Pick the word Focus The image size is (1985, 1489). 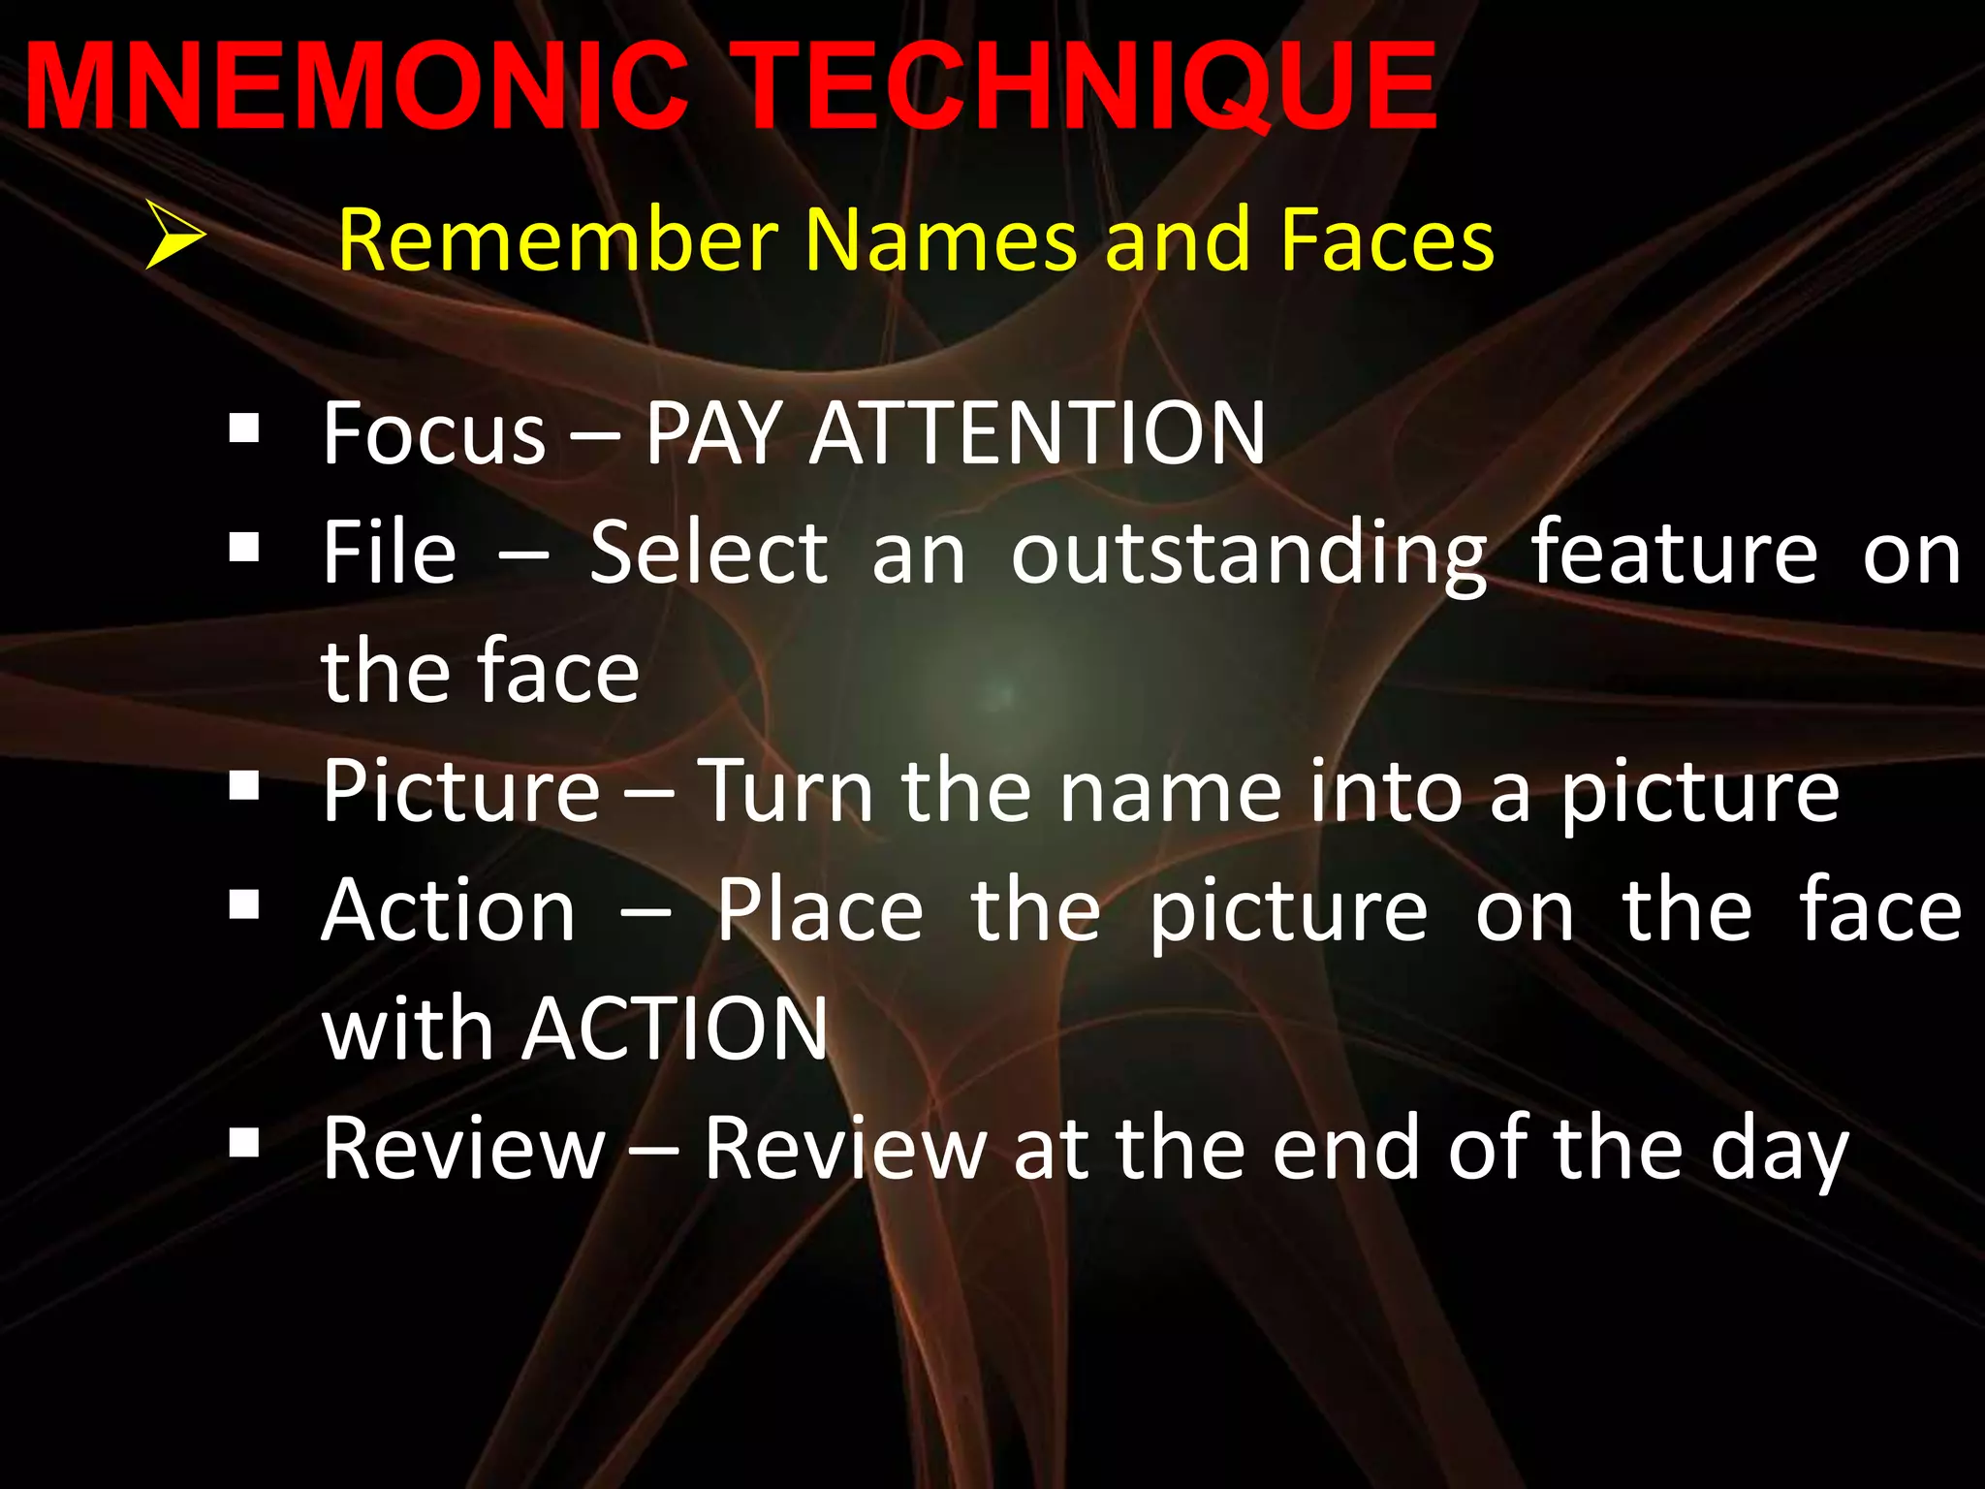(x=434, y=433)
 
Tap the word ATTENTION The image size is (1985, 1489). (x=1037, y=433)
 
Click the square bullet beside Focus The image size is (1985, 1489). (x=244, y=428)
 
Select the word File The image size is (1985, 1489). (x=389, y=553)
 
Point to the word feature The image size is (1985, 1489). (x=1674, y=553)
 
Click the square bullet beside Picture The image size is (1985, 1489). (x=244, y=787)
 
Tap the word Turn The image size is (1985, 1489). (x=786, y=791)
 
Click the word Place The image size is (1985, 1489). (x=820, y=911)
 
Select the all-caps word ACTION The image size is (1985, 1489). (x=675, y=1030)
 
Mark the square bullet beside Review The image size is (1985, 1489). (x=244, y=1144)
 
